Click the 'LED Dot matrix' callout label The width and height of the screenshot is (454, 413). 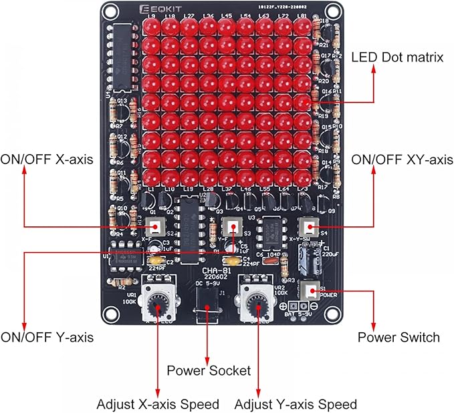tap(397, 57)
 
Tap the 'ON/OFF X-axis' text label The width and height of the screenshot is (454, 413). tap(46, 159)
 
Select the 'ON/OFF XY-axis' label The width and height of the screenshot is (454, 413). tap(403, 159)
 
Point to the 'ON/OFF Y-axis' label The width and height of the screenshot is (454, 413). tap(47, 337)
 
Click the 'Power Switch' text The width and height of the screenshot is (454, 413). tap(399, 337)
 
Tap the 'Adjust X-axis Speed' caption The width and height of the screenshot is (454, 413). tap(158, 404)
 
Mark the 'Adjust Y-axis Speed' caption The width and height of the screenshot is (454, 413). tap(295, 404)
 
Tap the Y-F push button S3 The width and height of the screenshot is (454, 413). tap(232, 226)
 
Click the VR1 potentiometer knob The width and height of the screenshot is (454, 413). tap(158, 305)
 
